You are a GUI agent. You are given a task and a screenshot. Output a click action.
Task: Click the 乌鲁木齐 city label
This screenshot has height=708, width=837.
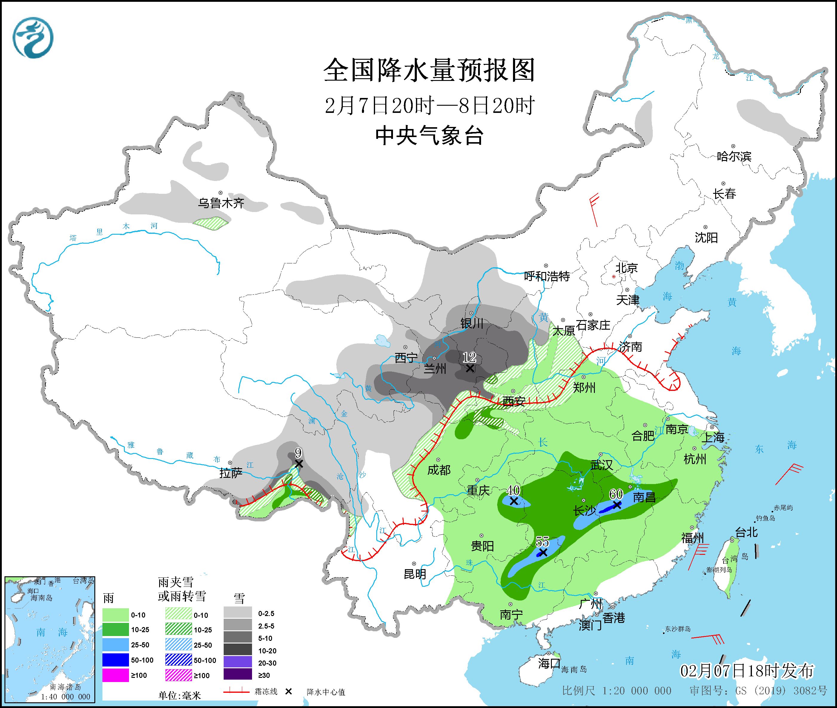point(221,203)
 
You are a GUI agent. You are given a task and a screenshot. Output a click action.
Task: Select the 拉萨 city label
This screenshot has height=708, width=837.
point(231,473)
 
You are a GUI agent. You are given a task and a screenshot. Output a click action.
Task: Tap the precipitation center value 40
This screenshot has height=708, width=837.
point(513,490)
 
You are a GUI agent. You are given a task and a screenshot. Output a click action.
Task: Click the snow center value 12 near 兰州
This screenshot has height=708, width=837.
point(469,357)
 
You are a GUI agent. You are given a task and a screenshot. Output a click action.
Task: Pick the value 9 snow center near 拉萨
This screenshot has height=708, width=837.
point(298,453)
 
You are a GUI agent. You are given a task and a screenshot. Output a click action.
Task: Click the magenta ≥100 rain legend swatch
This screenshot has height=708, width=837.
point(116,675)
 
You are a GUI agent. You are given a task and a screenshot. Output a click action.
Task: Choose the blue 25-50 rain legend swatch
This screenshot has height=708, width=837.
point(116,645)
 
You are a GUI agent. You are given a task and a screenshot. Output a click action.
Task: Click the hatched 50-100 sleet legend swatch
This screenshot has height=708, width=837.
point(179,660)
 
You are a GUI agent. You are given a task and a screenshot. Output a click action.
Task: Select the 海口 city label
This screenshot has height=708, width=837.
point(549,664)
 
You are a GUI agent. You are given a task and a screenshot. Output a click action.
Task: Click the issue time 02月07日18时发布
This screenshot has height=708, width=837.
point(747,671)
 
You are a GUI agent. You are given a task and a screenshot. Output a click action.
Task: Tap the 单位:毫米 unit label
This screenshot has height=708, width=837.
point(179,695)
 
